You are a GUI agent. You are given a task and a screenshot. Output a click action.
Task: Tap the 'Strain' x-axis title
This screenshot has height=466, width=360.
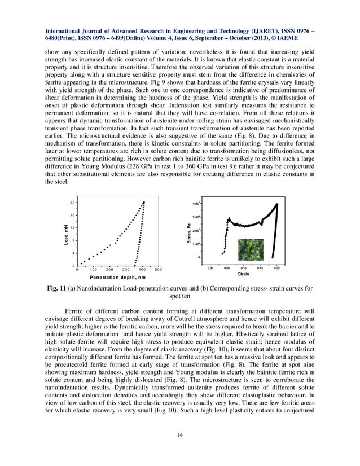(243, 274)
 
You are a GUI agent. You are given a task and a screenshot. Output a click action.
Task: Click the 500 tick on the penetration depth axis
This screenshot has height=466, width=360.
(158, 270)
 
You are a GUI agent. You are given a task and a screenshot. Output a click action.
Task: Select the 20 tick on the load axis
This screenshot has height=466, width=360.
(72, 202)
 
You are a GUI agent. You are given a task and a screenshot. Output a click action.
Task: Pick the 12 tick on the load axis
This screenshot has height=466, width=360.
(72, 227)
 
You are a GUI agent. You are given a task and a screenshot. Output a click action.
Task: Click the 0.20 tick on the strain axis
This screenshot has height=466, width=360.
(276, 268)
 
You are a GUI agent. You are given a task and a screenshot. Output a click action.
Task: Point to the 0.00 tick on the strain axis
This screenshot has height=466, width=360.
(209, 268)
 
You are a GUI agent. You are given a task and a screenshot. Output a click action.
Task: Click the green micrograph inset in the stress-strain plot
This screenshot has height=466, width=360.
(247, 249)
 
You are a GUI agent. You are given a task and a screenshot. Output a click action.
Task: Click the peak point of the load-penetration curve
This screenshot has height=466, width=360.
(144, 202)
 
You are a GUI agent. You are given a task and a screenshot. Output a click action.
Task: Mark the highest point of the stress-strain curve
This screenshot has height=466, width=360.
(277, 204)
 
